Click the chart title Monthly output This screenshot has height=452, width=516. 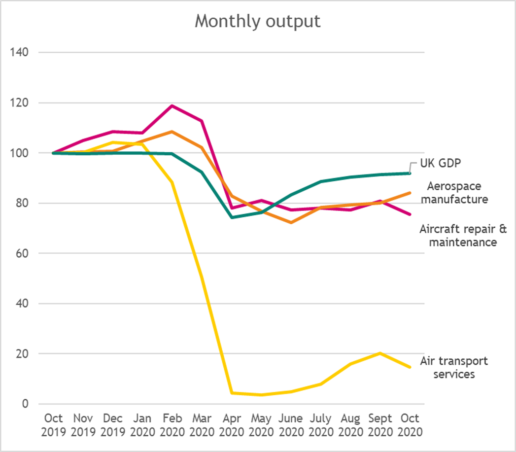[x=258, y=21]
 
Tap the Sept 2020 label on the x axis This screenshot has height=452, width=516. [x=380, y=425]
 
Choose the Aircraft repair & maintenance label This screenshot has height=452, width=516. [x=458, y=235]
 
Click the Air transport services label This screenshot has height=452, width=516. [x=453, y=367]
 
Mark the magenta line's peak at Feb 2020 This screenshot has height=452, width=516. [x=172, y=105]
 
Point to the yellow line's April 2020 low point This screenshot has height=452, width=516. [x=232, y=393]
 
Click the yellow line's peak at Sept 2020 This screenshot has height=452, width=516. [x=380, y=353]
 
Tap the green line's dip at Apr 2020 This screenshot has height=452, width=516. [x=232, y=217]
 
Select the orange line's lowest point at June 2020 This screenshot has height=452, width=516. [x=291, y=223]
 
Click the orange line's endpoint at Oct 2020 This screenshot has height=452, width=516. [x=410, y=193]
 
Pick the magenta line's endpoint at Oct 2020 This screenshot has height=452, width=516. [x=410, y=214]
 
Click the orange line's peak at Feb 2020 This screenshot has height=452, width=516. [x=172, y=132]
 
